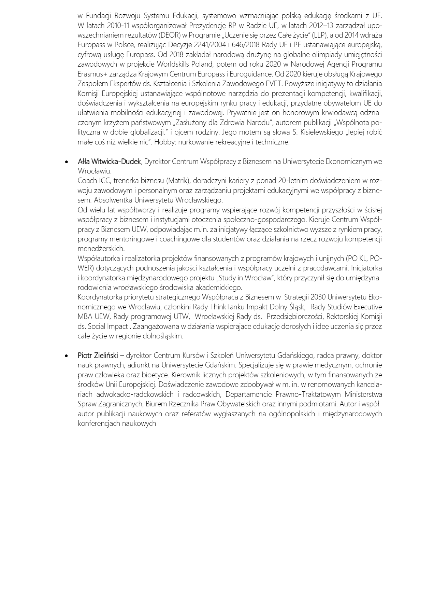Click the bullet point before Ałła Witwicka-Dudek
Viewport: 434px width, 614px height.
67,162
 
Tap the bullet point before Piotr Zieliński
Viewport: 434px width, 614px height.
67,355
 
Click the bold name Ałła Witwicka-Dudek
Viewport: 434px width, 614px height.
109,161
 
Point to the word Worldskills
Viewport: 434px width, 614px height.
171,64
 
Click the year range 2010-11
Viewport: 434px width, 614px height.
119,25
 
